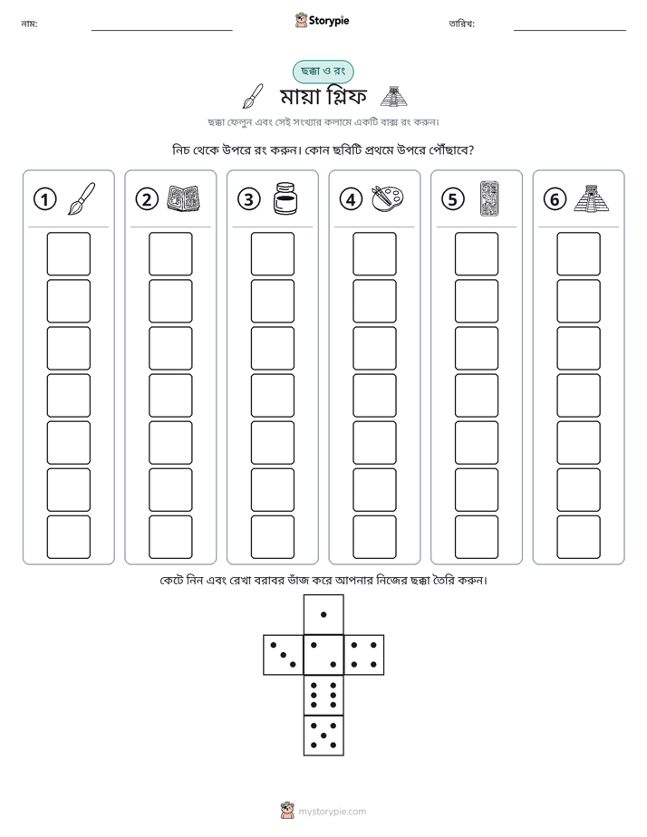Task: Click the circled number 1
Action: (x=44, y=199)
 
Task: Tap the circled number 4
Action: (x=351, y=199)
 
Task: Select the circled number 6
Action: (x=555, y=199)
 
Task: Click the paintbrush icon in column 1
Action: (x=82, y=198)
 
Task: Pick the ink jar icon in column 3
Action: (x=285, y=198)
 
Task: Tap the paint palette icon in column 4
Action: (x=388, y=199)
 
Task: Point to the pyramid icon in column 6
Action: (x=592, y=198)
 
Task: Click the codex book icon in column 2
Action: (x=184, y=198)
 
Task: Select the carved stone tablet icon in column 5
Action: (x=489, y=198)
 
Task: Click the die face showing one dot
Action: (x=323, y=614)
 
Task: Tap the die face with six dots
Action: (x=323, y=695)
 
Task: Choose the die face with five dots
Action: (x=323, y=736)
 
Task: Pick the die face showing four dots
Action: (x=364, y=655)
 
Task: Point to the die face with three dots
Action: (x=284, y=655)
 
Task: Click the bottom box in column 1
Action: (x=68, y=537)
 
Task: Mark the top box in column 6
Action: (x=579, y=254)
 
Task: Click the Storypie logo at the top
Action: (x=322, y=20)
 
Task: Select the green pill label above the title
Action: (x=323, y=72)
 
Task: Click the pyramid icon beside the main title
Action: (x=393, y=96)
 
